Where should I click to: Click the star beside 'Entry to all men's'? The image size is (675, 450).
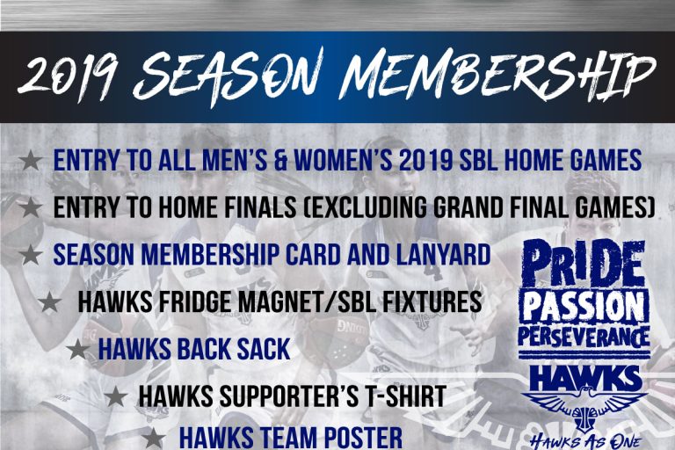pyautogui.click(x=31, y=162)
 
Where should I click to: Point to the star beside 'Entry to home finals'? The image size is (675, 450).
pyautogui.click(x=31, y=208)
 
